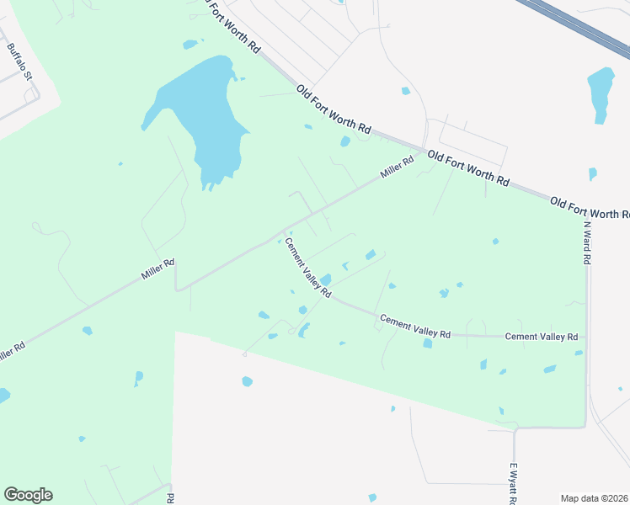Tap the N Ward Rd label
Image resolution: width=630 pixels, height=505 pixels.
587,242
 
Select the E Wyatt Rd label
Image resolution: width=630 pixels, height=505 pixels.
512,483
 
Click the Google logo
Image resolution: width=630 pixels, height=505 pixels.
28,495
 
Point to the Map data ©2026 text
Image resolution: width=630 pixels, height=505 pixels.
595,498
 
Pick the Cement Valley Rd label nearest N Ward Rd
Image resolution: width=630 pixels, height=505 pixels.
541,337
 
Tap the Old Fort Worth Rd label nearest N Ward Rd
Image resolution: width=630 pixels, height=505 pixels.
589,207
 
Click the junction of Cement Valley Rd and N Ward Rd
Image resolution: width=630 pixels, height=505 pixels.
586,337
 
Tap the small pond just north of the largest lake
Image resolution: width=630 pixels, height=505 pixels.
190,44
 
